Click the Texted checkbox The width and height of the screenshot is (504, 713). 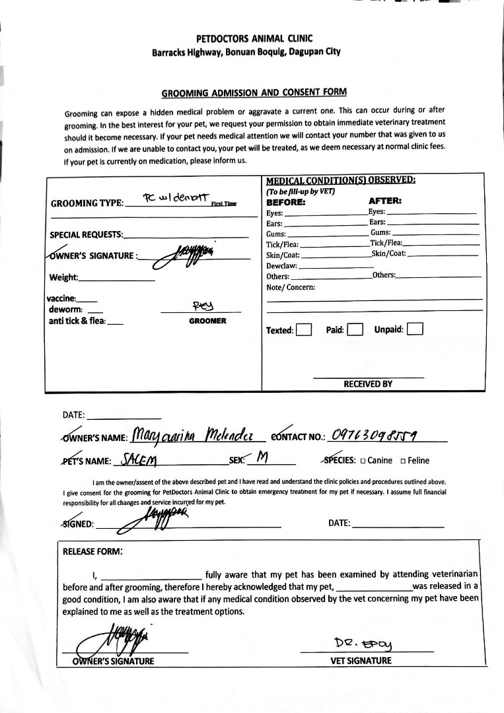304,329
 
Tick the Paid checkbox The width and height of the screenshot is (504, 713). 355,329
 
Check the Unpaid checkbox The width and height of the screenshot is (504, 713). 415,328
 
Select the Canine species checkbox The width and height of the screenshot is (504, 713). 363,461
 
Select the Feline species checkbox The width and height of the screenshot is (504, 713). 402,461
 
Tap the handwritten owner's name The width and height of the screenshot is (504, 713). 198,435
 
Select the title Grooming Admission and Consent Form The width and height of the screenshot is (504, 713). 254,92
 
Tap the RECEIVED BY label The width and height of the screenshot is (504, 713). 368,384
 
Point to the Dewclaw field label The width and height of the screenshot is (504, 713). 281,266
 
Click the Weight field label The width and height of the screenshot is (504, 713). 63,277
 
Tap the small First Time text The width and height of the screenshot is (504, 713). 223,204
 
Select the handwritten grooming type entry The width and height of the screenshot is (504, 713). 174,197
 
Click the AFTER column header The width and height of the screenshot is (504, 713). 384,201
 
